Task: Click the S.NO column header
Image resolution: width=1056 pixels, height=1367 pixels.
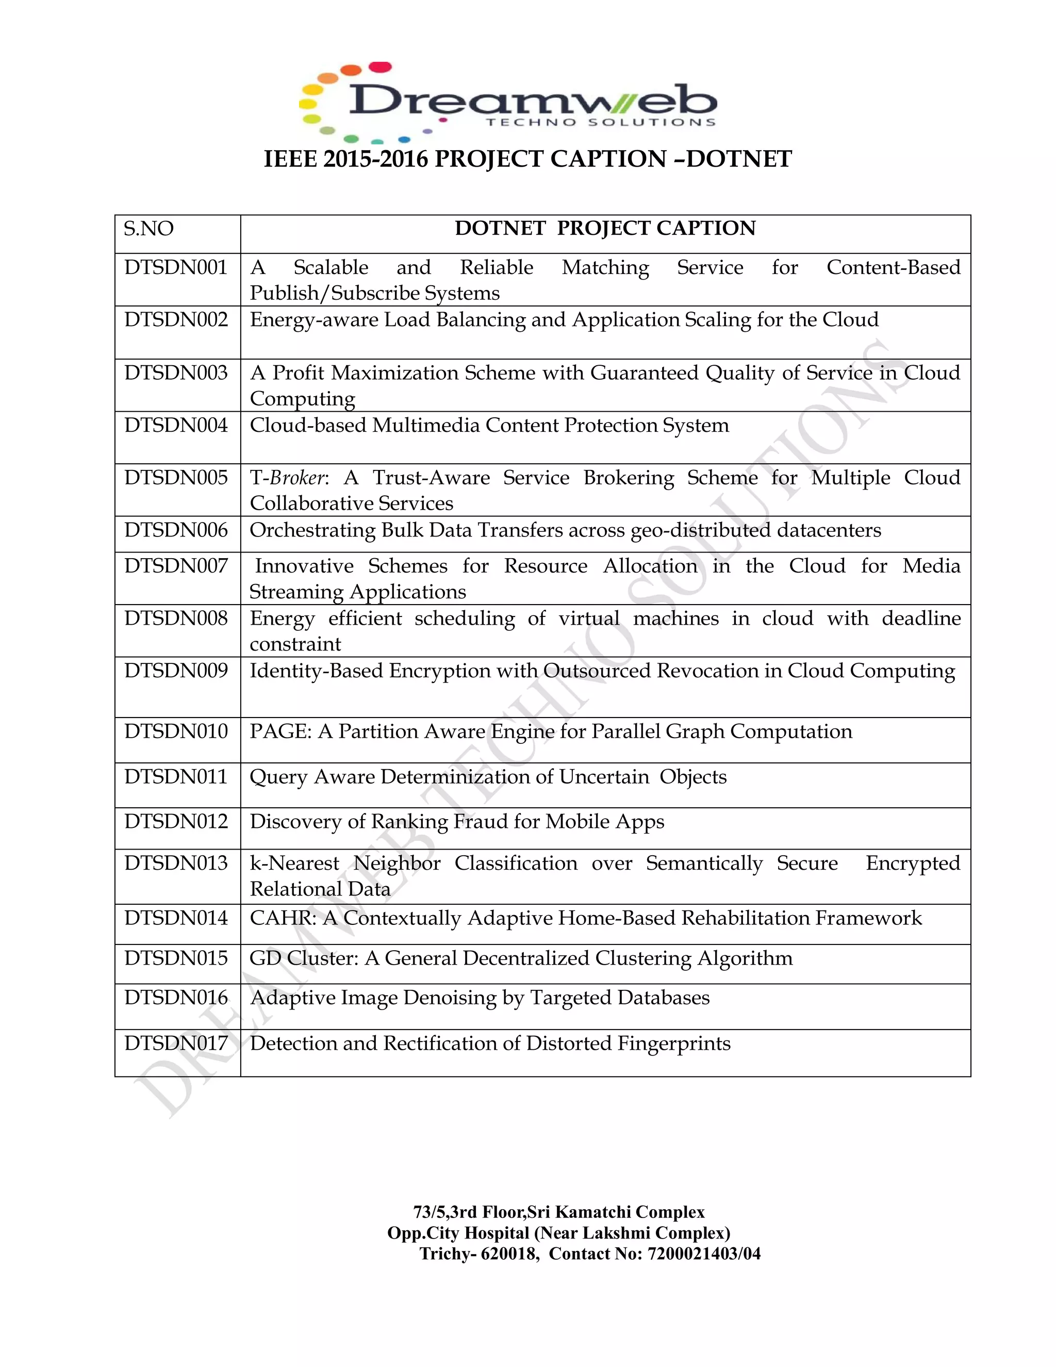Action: click(148, 229)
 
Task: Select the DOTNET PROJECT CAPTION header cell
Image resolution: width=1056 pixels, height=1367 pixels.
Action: click(605, 229)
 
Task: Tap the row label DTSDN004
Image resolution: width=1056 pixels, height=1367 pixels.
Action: click(176, 426)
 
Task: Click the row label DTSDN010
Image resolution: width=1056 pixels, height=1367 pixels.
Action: click(176, 731)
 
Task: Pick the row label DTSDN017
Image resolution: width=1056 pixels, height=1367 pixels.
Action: click(176, 1044)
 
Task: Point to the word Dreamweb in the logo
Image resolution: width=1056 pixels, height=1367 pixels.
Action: click(532, 100)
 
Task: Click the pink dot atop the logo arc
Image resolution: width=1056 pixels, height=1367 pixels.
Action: click(381, 67)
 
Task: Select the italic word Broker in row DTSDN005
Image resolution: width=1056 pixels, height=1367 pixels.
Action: click(297, 478)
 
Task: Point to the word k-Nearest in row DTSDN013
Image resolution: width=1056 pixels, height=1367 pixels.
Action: click(294, 863)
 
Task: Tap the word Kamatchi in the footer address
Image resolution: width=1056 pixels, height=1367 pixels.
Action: click(592, 1212)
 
